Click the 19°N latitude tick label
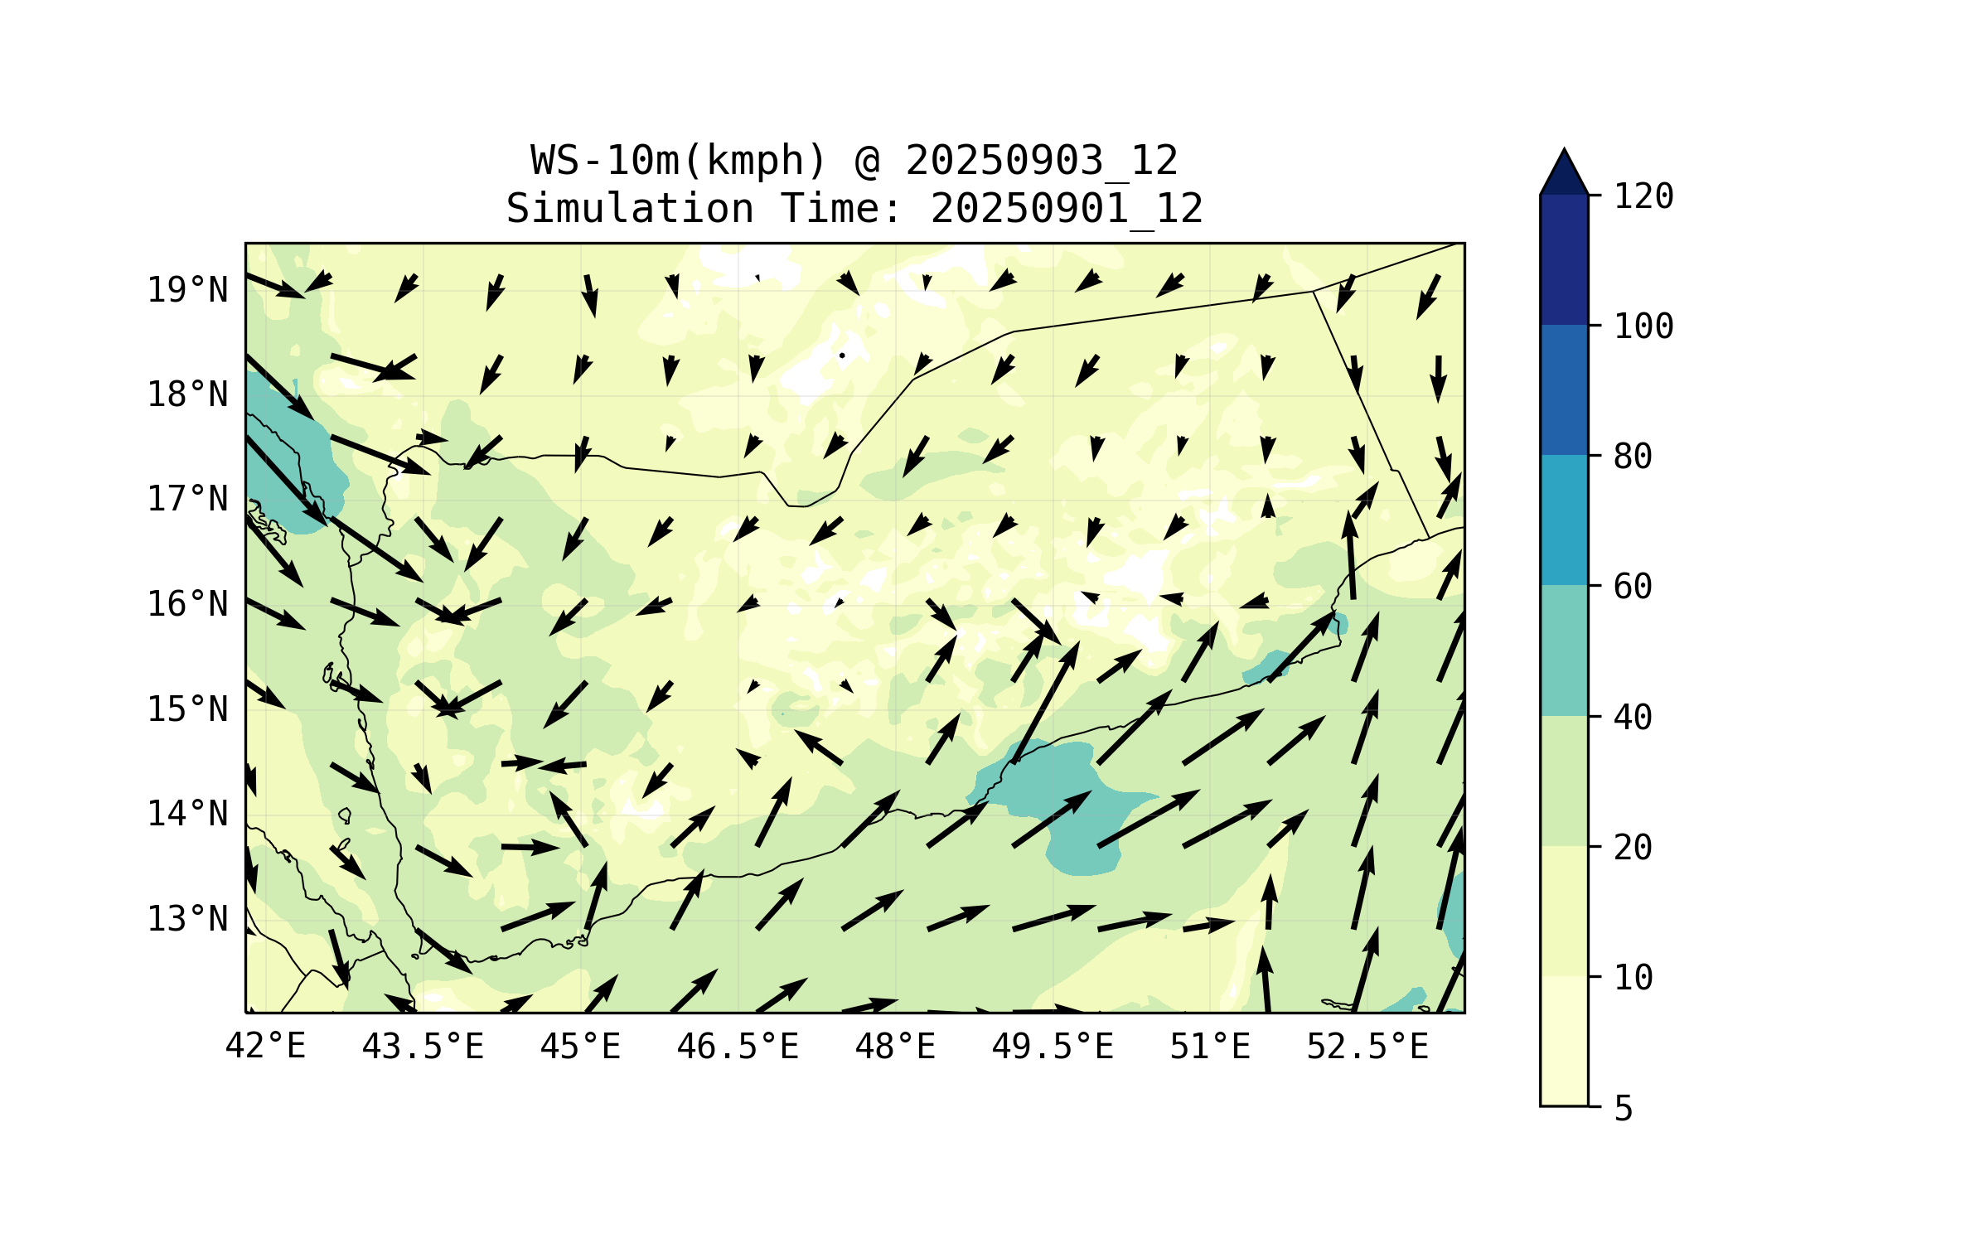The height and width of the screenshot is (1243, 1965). point(187,290)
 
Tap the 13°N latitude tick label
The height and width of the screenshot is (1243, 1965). point(187,919)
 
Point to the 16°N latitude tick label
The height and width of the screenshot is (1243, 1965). point(187,604)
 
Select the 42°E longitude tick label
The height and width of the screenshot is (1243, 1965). point(265,1047)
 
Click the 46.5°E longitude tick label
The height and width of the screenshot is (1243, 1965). point(738,1047)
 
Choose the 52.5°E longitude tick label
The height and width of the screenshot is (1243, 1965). point(1367,1047)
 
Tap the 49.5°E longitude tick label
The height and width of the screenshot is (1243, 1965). point(1053,1047)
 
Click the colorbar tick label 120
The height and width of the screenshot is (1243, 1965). point(1643,196)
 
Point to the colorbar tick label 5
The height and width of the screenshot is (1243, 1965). point(1624,1109)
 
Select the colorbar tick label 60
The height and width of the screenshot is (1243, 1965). point(1633,587)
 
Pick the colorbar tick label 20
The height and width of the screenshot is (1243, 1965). point(1633,847)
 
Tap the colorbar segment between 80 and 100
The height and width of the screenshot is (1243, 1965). point(1564,389)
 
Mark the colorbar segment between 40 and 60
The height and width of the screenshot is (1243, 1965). point(1564,651)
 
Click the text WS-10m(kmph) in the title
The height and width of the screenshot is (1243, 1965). point(679,161)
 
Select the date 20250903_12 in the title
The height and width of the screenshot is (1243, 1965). point(1042,161)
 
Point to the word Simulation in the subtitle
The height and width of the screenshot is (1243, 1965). point(630,209)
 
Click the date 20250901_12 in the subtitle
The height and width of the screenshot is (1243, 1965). point(1067,209)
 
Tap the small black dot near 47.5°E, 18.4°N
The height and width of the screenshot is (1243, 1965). point(842,355)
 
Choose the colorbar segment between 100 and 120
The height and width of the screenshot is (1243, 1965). point(1564,259)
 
